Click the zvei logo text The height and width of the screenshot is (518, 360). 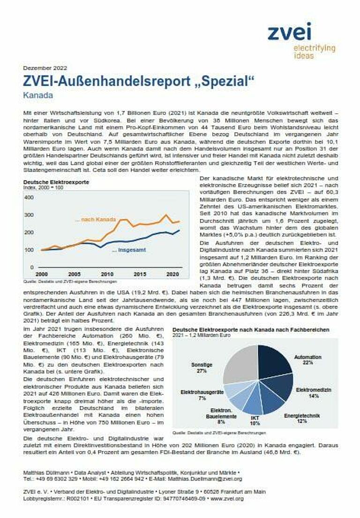tap(289, 31)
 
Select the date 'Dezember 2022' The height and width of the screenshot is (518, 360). tap(43, 68)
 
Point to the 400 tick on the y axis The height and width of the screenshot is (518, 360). tap(29, 198)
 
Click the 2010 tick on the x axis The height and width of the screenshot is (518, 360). tap(107, 274)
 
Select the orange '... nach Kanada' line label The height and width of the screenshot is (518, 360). tap(95, 219)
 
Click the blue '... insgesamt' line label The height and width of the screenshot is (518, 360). tap(128, 250)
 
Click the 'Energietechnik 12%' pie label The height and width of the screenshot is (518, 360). tap(302, 418)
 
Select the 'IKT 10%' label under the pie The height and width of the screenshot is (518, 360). tap(255, 420)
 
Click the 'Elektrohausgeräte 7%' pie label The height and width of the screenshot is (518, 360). tap(202, 394)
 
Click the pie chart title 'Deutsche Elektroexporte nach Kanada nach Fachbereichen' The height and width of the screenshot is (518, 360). tap(250, 330)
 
